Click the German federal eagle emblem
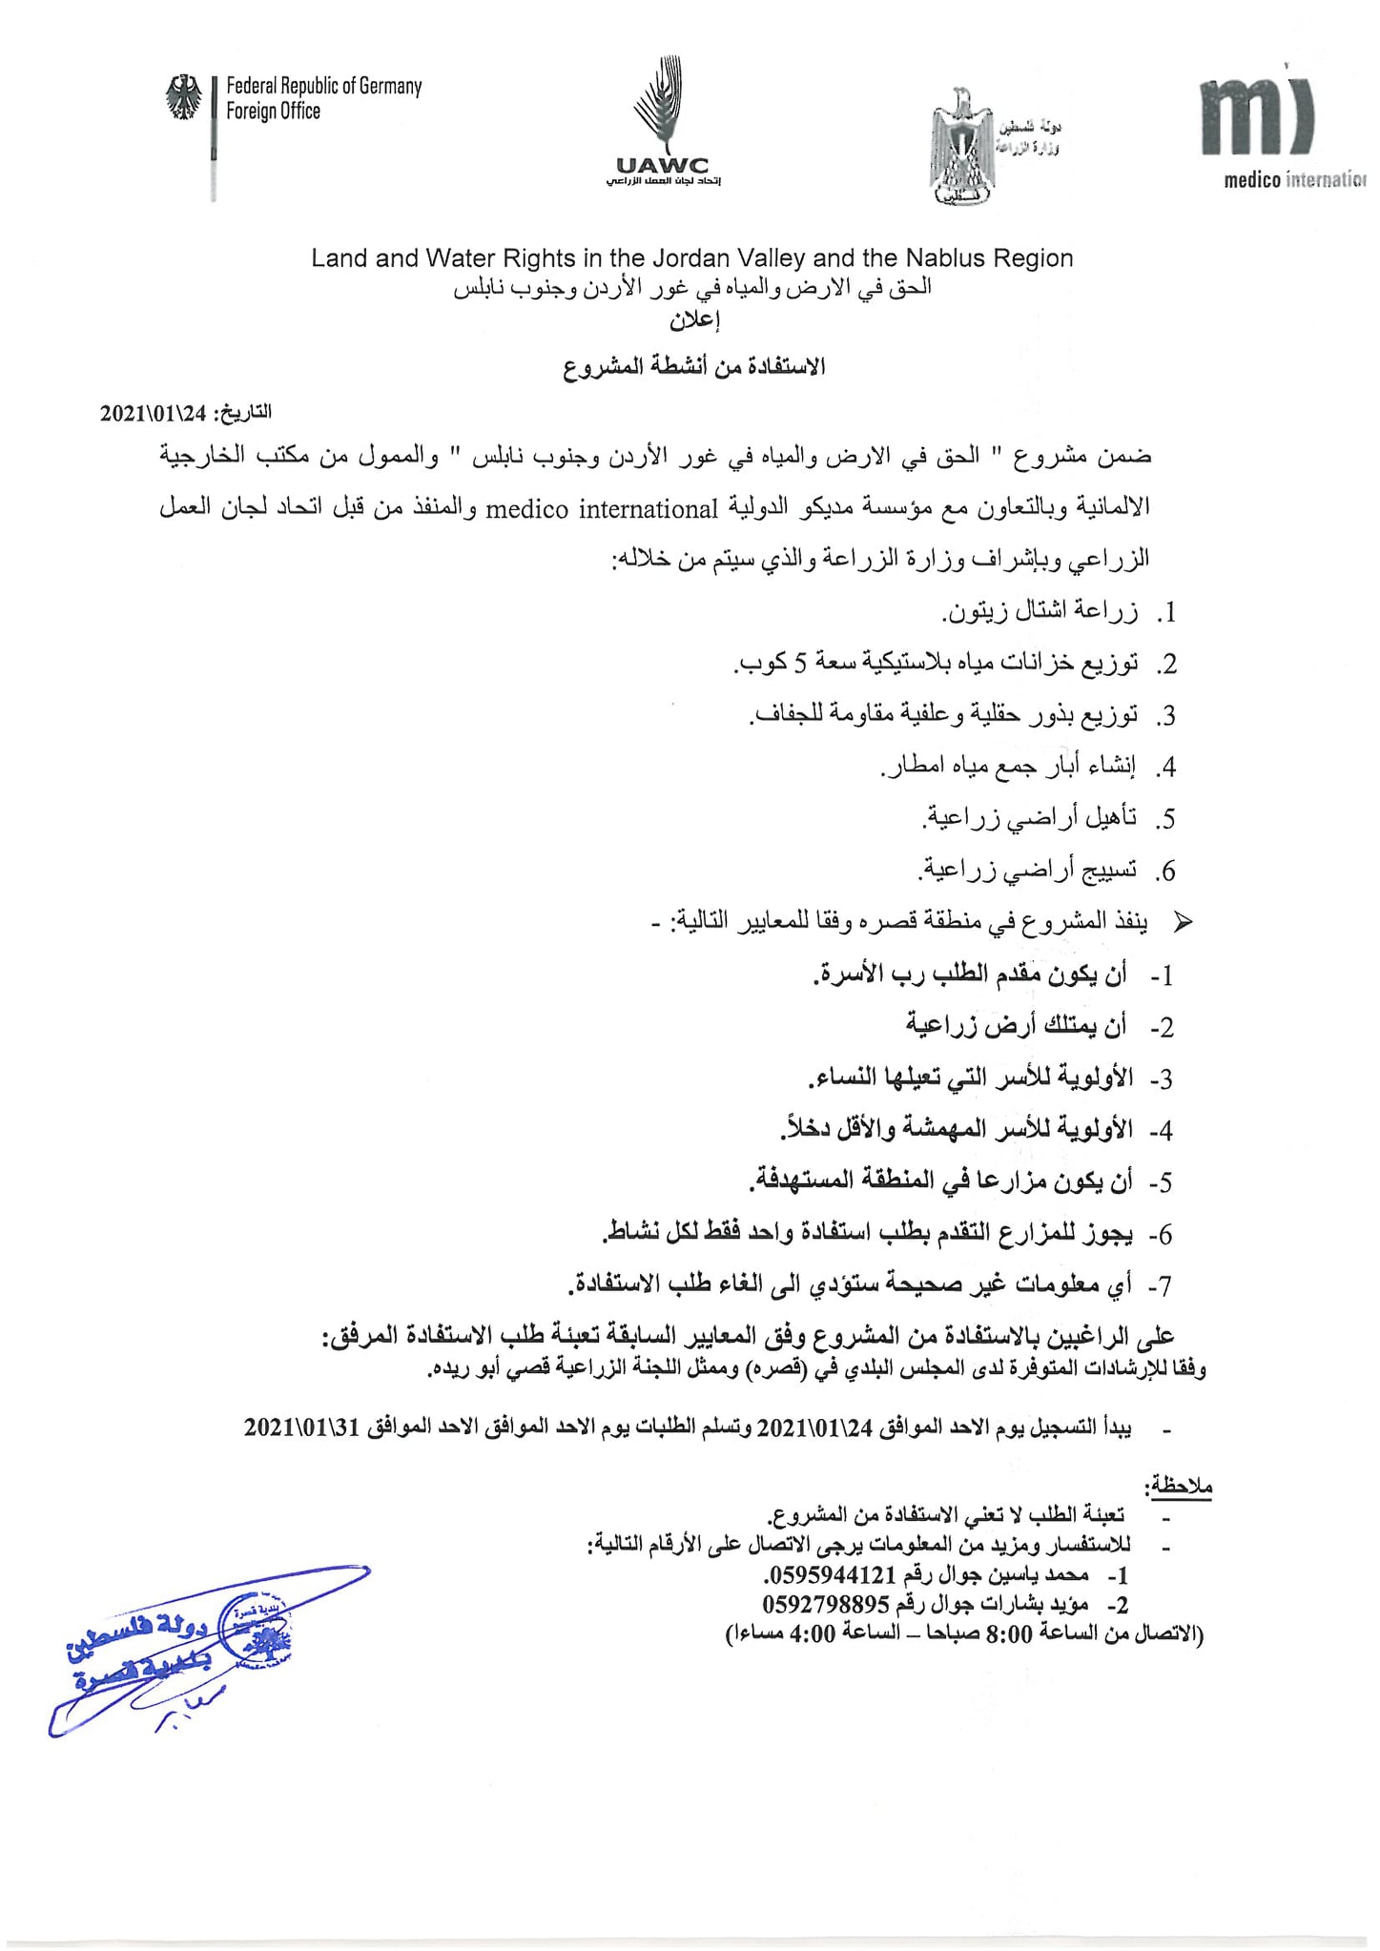coord(185,98)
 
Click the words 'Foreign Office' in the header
coord(273,112)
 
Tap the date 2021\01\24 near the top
coord(154,414)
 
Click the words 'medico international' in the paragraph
coord(602,510)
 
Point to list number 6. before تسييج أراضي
coord(1164,872)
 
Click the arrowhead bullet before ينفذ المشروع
coord(1182,922)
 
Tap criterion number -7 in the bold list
coord(1160,1286)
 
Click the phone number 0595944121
coord(831,1573)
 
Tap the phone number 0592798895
coord(826,1604)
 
